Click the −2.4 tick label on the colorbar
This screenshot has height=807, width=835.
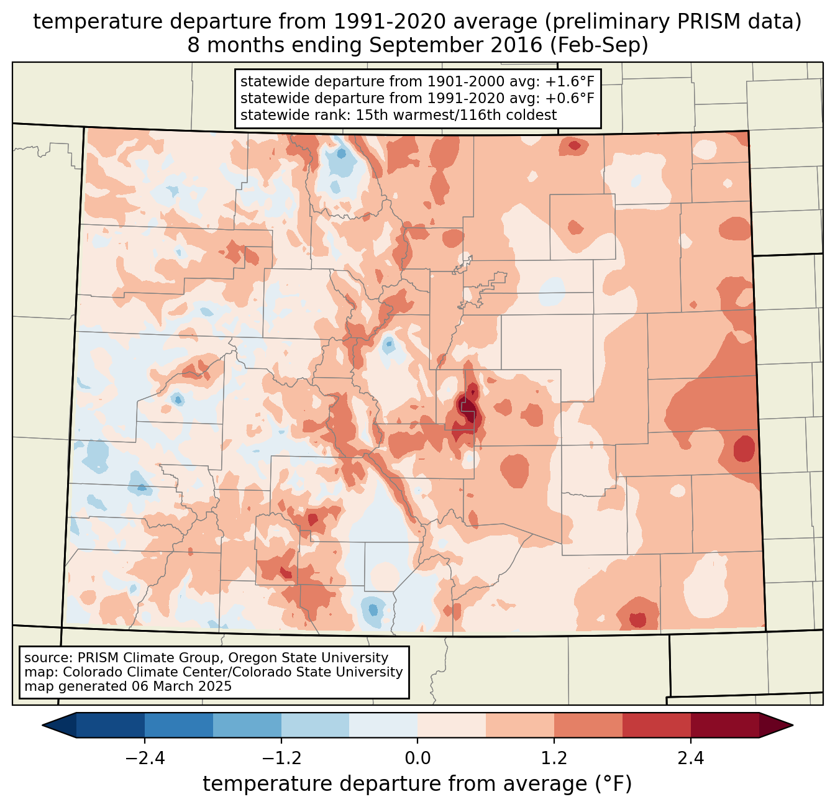144,759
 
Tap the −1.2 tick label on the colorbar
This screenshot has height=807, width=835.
281,759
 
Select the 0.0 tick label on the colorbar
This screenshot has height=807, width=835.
417,759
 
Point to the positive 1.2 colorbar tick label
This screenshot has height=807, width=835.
554,759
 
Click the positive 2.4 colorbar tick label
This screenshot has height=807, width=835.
691,759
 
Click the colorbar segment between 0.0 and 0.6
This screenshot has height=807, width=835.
452,725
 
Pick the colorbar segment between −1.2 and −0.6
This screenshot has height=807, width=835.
315,725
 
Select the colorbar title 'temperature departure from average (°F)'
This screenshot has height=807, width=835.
417,784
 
